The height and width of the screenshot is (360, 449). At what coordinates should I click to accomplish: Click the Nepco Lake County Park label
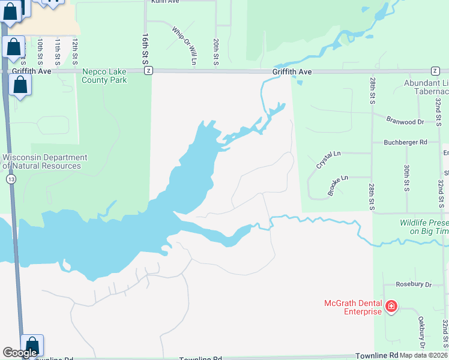104,76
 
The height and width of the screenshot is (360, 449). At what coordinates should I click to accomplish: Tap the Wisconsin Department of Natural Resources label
45,161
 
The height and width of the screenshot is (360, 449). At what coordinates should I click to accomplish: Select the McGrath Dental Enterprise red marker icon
391,307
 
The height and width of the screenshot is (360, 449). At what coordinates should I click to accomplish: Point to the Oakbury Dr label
421,330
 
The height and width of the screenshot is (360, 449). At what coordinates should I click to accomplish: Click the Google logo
20,353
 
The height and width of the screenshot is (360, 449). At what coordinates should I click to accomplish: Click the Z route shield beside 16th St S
148,70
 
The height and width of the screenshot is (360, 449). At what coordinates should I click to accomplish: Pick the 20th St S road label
215,53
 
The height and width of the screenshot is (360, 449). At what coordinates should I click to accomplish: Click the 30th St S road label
406,178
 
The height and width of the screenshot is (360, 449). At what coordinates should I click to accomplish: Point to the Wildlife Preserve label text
424,226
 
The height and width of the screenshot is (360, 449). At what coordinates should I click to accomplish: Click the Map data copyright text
423,355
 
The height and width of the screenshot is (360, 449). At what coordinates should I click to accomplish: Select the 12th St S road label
75,53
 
